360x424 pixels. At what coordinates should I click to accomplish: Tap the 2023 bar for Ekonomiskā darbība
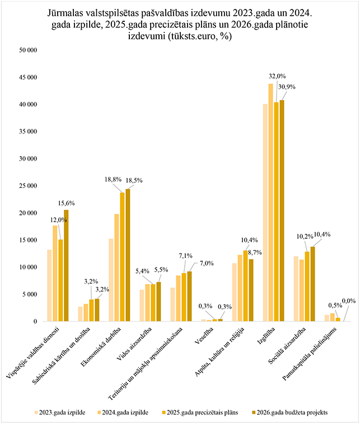pyautogui.click(x=111, y=280)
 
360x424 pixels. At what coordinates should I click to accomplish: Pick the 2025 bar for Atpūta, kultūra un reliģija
pyautogui.click(x=245, y=285)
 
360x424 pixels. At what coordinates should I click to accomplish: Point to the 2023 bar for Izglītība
pyautogui.click(x=265, y=213)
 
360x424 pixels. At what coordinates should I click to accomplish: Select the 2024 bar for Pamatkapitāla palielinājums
pyautogui.click(x=332, y=317)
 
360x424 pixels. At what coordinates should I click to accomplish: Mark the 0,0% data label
pyautogui.click(x=348, y=301)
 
